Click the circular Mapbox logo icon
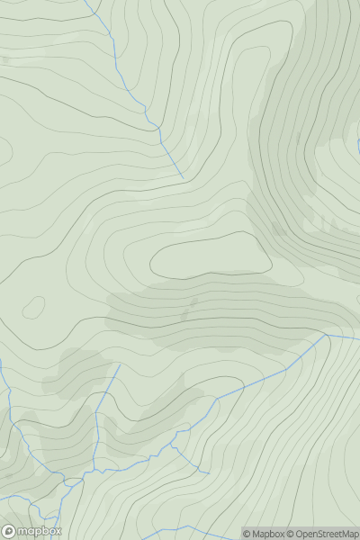pyautogui.click(x=9, y=532)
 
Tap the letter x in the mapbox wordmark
pyautogui.click(x=57, y=532)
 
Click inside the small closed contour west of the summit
pyautogui.click(x=33, y=308)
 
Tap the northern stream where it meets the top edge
pyautogui.click(x=86, y=1)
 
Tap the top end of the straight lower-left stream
pyautogui.click(x=119, y=365)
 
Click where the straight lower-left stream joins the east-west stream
pyautogui.click(x=94, y=470)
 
